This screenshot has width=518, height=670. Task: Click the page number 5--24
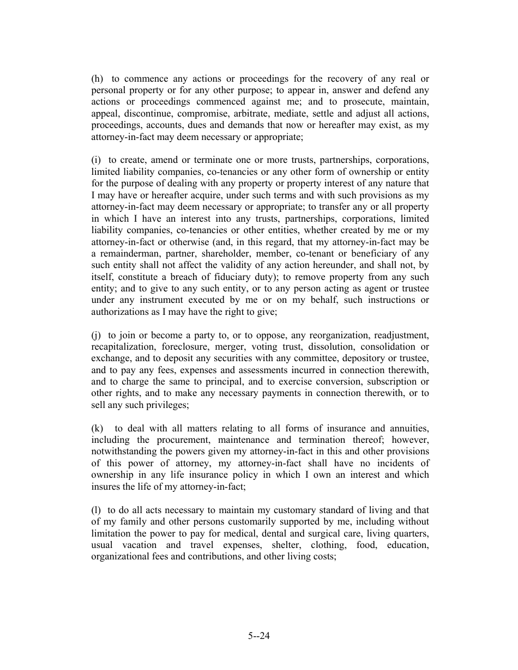click(259, 636)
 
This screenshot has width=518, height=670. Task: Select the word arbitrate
click(268, 114)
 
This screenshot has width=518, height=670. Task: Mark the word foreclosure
click(185, 346)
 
